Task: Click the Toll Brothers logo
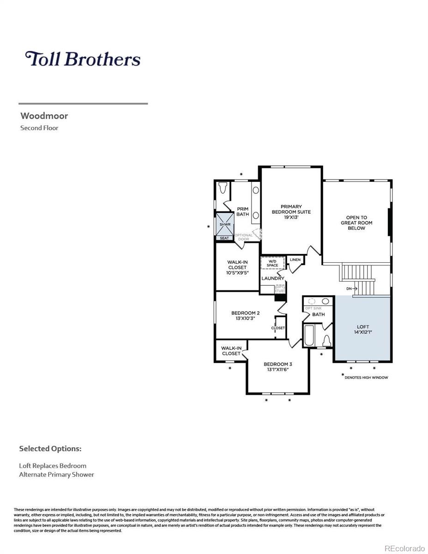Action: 83,59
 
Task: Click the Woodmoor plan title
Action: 44,116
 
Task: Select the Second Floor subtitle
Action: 39,128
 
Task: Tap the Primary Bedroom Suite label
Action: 291,211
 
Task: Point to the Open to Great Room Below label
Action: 356,223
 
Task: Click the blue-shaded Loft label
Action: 363,330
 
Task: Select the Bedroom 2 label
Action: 245,315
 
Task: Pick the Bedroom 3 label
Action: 277,366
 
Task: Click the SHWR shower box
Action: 225,224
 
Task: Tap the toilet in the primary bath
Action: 223,188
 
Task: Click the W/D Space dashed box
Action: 272,263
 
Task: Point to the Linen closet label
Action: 295,260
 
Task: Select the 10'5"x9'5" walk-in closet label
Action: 237,267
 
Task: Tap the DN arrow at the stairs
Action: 352,289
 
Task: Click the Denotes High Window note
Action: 366,377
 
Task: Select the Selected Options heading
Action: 50,449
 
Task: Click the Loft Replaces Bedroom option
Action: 53,466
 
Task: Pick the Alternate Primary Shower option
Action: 56,475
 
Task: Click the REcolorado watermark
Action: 404,548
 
